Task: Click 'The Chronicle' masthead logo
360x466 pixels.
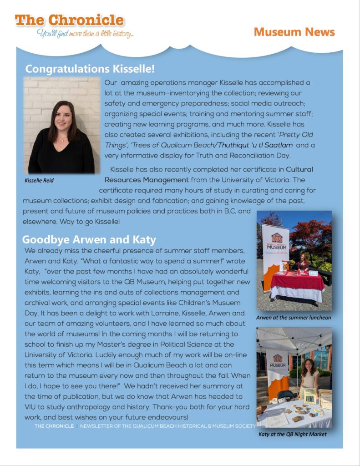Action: (x=69, y=20)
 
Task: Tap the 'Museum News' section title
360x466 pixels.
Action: (x=294, y=32)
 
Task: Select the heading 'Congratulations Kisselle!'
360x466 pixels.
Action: (x=90, y=69)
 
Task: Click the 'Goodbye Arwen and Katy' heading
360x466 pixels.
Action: (x=89, y=239)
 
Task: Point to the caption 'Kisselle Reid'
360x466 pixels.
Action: (x=39, y=181)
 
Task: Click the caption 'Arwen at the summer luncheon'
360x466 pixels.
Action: (x=294, y=317)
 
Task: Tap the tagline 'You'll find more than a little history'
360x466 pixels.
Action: (x=85, y=34)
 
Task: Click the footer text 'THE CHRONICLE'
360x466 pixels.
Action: (x=54, y=426)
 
